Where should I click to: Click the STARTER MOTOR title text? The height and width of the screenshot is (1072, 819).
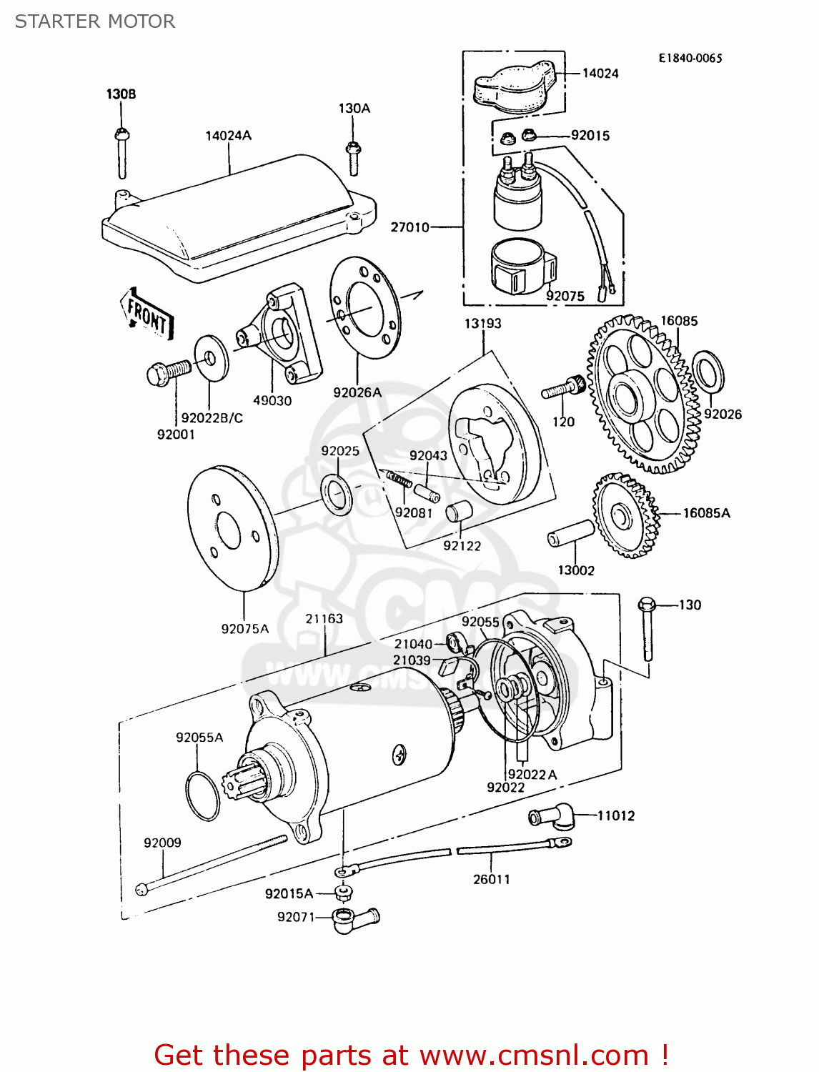coord(95,21)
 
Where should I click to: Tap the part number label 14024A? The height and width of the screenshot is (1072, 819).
coord(228,136)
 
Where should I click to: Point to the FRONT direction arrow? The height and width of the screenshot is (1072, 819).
coord(147,313)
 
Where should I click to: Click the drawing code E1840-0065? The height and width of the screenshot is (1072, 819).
coord(690,59)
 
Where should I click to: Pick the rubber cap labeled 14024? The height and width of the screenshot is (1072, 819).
coord(515,87)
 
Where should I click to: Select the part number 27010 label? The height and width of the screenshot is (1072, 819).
coord(409,227)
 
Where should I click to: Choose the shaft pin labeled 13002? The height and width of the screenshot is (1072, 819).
coord(571,533)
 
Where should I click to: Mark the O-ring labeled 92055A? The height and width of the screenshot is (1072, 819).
coord(202,796)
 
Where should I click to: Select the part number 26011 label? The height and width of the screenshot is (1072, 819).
coord(492,879)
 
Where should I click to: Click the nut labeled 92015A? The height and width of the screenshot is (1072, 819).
coord(344,893)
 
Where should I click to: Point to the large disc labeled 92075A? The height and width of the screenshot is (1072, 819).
coord(232,529)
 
